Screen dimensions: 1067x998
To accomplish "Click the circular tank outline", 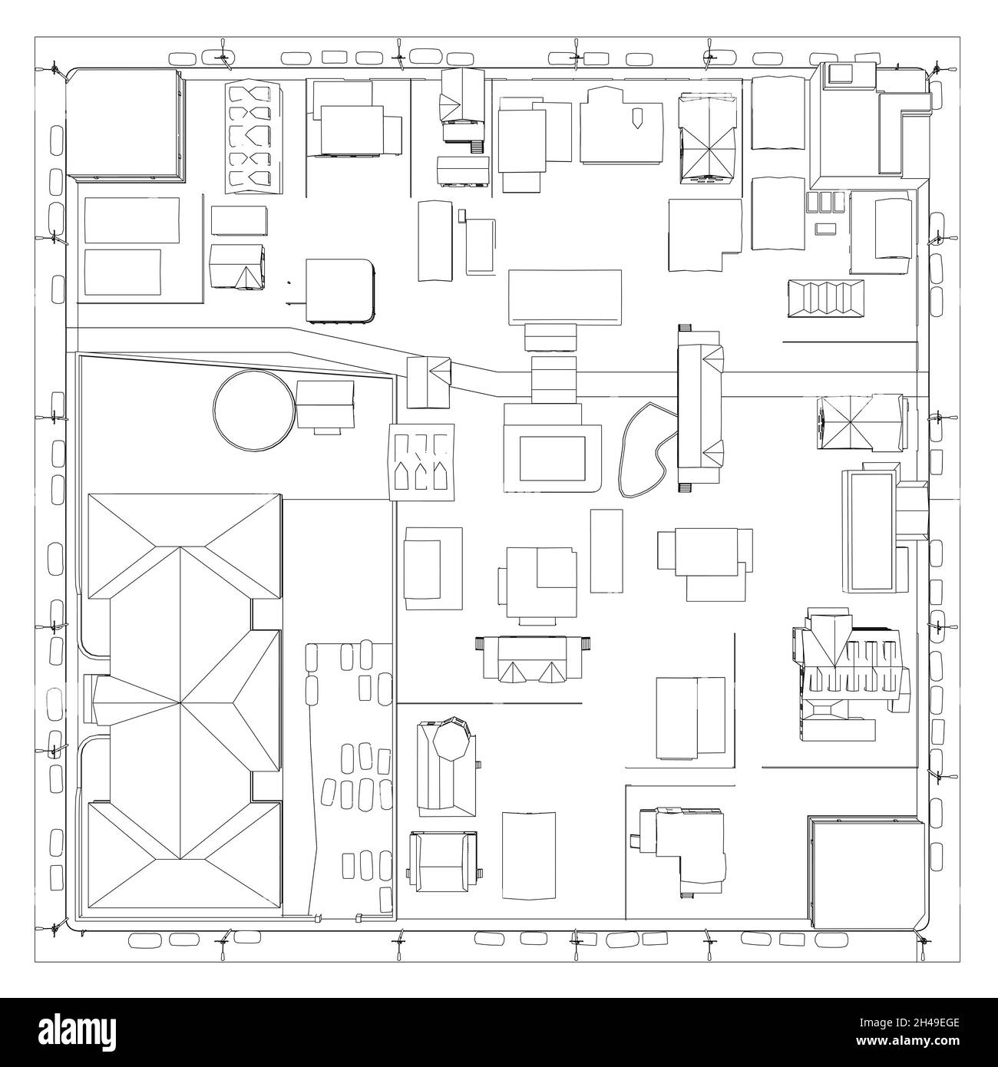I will click(x=253, y=407).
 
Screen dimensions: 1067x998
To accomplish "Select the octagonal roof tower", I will click(x=449, y=742).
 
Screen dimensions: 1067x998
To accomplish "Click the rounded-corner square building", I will click(x=339, y=289).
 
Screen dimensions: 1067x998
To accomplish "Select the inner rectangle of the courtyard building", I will click(x=552, y=459).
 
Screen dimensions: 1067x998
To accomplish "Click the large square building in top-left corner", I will click(x=125, y=125).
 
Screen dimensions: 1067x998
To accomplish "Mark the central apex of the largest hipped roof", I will click(x=182, y=702).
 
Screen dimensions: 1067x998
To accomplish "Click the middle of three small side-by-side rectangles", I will click(x=826, y=202).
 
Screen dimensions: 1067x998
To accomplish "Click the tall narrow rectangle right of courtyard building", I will click(x=606, y=550).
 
